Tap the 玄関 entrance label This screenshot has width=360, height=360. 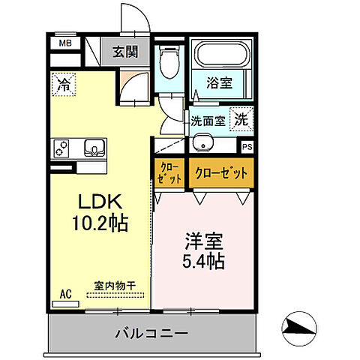(x=124, y=52)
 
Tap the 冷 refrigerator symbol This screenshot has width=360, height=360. (x=65, y=85)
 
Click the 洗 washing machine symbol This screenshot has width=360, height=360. (x=241, y=118)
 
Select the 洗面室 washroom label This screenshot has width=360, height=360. (x=207, y=120)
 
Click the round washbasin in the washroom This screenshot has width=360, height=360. (x=201, y=143)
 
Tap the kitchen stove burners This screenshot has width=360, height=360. (x=62, y=147)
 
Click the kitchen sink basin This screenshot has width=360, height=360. (x=94, y=146)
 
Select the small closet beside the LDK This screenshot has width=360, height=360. (x=169, y=174)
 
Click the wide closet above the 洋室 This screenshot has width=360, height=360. (x=221, y=174)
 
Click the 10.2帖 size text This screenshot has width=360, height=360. (x=100, y=223)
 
